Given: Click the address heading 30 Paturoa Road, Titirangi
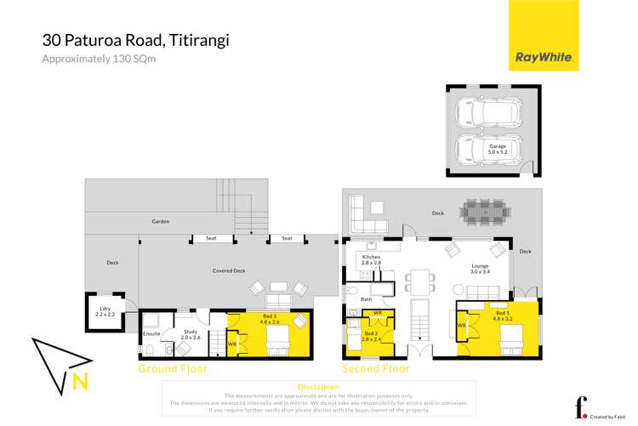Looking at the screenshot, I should click(136, 40).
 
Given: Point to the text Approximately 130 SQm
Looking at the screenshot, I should click(100, 59).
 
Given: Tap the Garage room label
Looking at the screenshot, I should click(498, 150).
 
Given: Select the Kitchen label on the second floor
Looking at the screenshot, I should click(372, 260).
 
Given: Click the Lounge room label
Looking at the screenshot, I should click(481, 270).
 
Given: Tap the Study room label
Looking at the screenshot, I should click(190, 334).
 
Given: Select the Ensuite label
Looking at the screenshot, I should click(152, 334).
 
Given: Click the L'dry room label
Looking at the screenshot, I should click(105, 311).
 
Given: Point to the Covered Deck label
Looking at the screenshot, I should click(228, 270).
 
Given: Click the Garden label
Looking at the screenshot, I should click(161, 221).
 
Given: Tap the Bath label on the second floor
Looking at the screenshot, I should click(367, 299).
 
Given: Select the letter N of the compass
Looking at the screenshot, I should click(80, 382).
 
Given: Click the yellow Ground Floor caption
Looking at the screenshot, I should click(173, 369).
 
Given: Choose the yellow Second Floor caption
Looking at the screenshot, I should click(375, 369).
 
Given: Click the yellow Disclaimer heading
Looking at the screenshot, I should click(318, 386).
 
